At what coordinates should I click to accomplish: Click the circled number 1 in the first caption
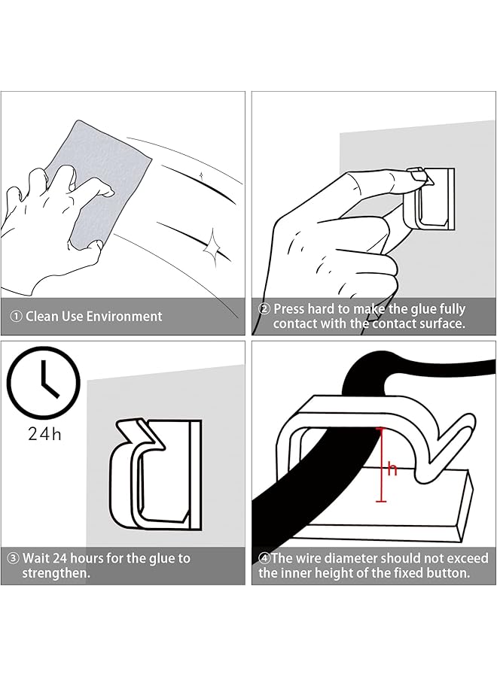coord(16,317)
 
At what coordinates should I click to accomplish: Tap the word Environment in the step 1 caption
coord(124,317)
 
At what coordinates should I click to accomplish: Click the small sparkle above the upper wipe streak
coord(201,175)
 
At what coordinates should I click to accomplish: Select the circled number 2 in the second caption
coord(264,309)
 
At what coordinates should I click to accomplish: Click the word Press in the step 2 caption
coord(288,309)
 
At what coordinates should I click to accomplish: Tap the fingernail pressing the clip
coord(417,176)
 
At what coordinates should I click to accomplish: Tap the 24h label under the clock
coord(45,434)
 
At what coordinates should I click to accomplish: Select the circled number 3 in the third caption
coord(14,558)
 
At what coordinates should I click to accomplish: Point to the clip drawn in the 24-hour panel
coord(156,474)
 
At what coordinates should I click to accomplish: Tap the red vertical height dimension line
coord(381,465)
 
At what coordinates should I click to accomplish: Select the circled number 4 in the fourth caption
coord(264,558)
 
